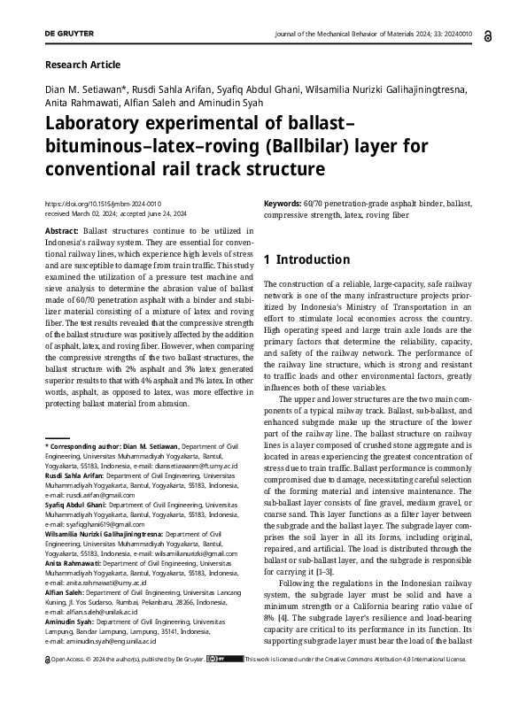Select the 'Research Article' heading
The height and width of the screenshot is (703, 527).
tap(81, 65)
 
